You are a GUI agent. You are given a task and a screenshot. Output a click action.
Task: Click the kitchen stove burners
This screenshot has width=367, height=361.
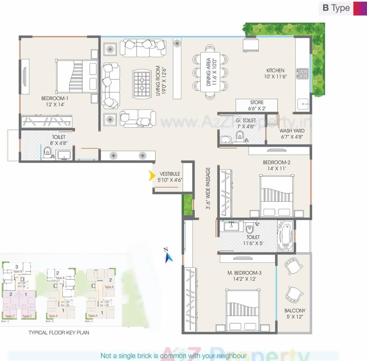303,74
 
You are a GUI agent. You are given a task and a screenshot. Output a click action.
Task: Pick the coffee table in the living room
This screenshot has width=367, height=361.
142,84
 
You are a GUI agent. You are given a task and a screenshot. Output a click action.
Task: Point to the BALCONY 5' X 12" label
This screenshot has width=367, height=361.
295,313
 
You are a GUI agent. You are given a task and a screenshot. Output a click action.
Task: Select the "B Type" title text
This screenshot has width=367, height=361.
336,8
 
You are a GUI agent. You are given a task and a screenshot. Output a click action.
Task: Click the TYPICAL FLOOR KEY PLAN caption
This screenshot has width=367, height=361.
59,333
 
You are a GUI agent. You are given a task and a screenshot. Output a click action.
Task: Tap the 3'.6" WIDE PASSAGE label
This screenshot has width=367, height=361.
208,188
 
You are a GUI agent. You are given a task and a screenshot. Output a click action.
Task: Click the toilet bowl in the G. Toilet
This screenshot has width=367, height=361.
240,135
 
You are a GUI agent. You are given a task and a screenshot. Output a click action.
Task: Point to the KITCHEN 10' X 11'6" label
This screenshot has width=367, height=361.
275,73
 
